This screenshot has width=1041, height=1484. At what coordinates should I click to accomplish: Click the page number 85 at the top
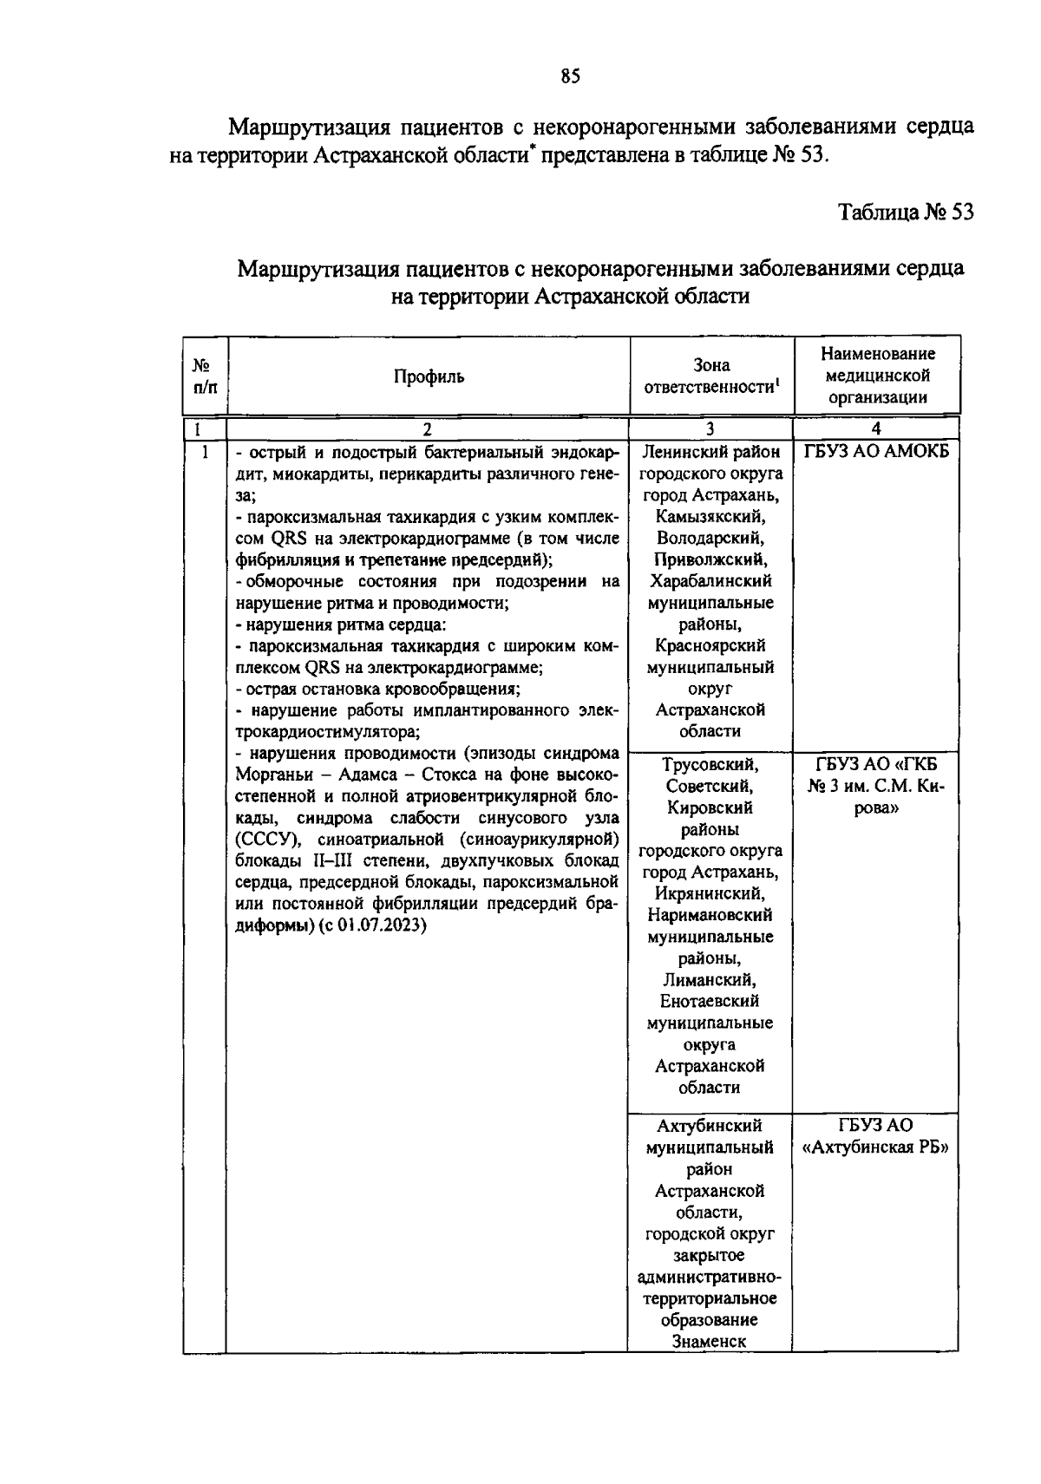point(569,76)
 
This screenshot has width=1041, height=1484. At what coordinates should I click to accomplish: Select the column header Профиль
point(429,376)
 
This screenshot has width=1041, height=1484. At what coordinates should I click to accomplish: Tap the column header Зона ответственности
point(710,376)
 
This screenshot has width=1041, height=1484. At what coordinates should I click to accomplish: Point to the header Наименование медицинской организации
point(877,376)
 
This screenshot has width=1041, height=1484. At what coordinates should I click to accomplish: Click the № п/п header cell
point(205,376)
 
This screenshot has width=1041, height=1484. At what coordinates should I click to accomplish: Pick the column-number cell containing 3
point(710,428)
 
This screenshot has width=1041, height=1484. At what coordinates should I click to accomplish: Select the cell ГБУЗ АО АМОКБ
point(877,452)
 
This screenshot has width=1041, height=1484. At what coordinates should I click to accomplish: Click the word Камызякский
point(710,517)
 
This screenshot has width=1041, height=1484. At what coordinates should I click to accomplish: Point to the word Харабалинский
point(710,581)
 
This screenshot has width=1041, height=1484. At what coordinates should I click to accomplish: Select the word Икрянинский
point(710,893)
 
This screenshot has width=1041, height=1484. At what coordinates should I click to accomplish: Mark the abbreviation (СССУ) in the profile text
point(262,840)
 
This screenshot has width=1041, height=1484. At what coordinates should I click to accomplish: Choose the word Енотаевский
point(710,1001)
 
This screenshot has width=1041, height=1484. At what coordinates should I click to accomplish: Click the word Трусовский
point(710,765)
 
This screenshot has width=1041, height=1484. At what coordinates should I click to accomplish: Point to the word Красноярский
point(710,645)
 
